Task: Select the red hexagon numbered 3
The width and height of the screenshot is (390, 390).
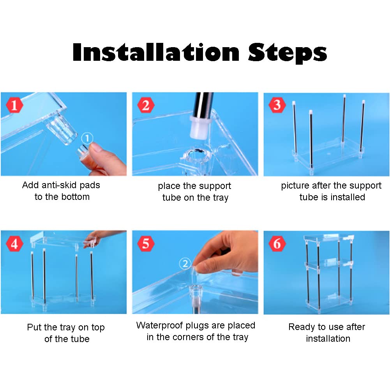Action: click(277, 105)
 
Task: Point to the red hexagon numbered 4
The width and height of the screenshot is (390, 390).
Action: click(14, 244)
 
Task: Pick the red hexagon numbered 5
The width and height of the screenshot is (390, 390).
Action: click(146, 244)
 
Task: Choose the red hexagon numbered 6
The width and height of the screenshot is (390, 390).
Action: click(277, 244)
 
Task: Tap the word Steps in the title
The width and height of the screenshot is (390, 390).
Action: click(288, 53)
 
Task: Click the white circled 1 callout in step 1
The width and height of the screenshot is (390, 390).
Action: click(87, 138)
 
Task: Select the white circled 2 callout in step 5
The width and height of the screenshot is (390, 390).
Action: click(185, 263)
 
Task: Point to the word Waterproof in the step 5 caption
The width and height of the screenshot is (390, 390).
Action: click(160, 326)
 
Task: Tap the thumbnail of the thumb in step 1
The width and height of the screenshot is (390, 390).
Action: click(97, 147)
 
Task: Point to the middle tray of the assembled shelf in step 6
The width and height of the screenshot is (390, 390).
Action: click(328, 264)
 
